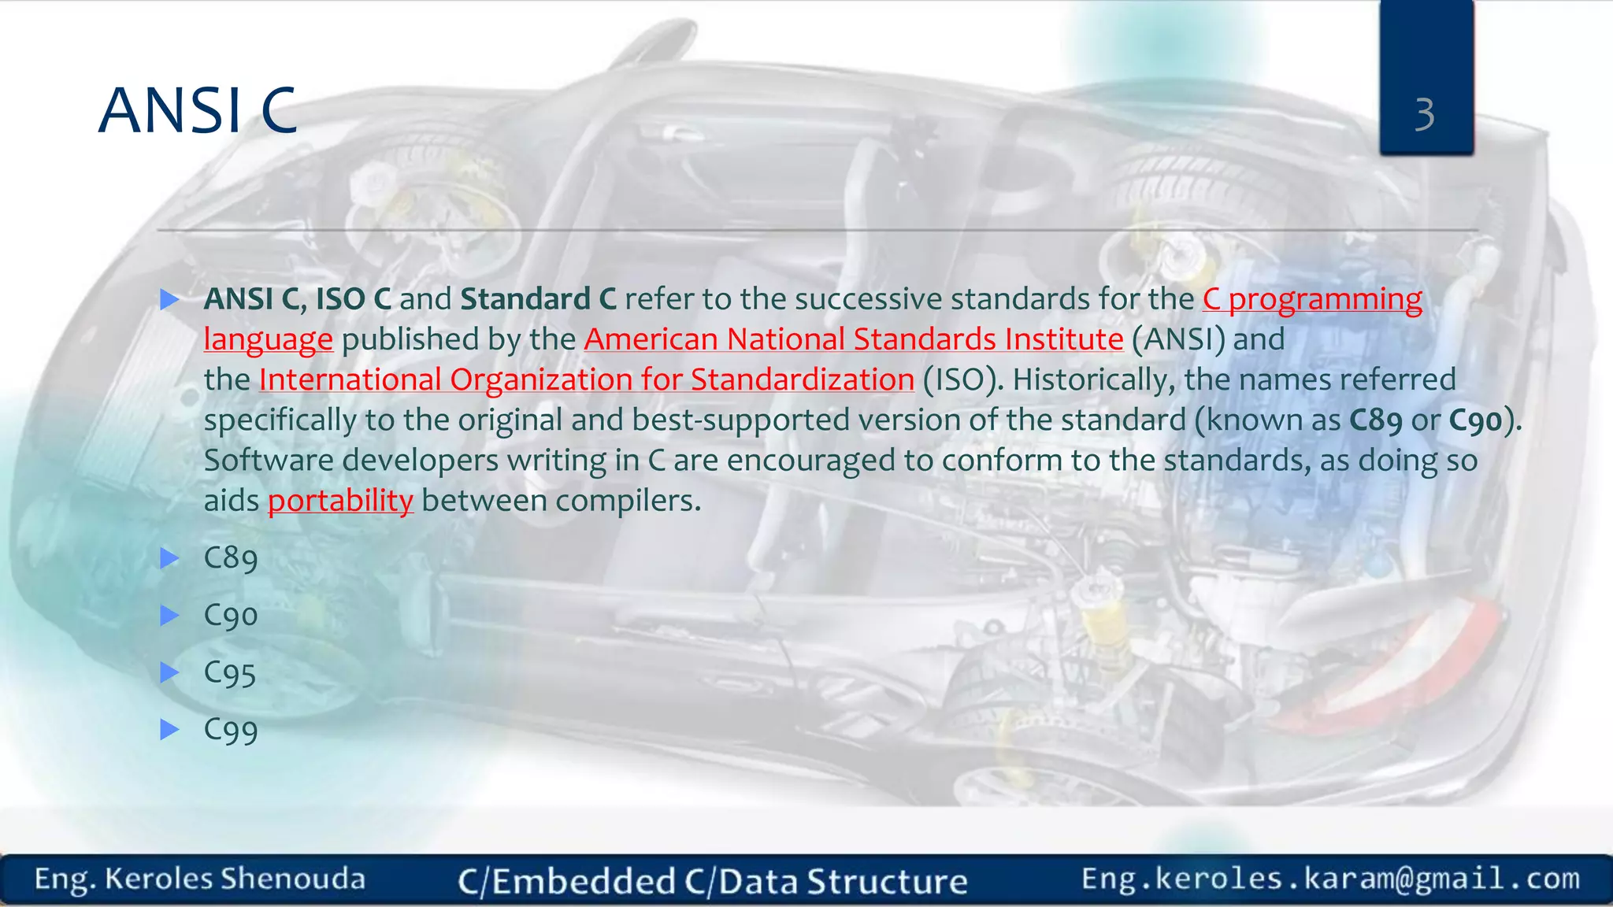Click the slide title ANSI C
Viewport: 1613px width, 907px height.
(198, 111)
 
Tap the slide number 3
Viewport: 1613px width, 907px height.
(1424, 115)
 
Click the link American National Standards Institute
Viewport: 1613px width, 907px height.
(853, 339)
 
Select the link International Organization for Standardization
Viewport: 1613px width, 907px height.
(586, 379)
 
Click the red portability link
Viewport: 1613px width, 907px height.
(340, 501)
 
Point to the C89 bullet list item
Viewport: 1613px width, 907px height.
(230, 558)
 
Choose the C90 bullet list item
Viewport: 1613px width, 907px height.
(230, 616)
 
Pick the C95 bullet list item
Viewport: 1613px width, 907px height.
(229, 673)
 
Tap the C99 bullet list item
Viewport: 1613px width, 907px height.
(230, 730)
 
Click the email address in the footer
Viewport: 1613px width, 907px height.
(1330, 879)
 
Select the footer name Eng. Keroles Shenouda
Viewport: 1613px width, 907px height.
(199, 879)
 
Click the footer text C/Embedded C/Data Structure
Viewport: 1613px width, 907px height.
(712, 881)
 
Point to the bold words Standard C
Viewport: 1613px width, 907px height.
(538, 299)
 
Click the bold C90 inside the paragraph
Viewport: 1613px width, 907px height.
(1475, 420)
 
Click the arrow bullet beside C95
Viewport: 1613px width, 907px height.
(169, 672)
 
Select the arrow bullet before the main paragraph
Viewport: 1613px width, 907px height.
(169, 299)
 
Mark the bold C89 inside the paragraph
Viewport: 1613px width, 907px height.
(1375, 420)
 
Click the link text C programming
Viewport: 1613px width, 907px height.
(1312, 299)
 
